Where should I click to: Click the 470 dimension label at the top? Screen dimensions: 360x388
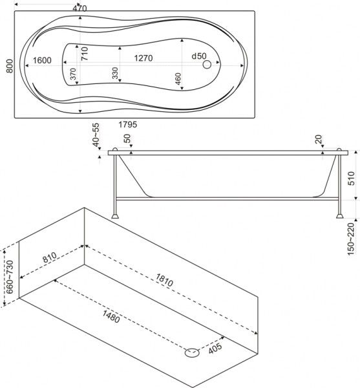point(79,8)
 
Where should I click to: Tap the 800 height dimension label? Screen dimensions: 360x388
point(10,66)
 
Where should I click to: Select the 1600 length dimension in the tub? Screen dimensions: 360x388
point(42,60)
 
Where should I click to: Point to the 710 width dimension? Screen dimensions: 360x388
point(85,54)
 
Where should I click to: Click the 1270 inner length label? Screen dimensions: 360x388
point(143,58)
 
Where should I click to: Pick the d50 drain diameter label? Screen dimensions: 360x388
point(199,56)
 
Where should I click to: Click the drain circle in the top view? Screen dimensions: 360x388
point(207,65)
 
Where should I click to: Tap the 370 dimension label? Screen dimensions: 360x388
point(73,74)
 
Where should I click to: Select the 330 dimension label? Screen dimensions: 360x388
point(115,73)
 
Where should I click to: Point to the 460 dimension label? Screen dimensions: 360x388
point(178,79)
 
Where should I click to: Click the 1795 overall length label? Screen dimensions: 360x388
point(127,124)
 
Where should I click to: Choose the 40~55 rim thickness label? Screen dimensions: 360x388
point(96,135)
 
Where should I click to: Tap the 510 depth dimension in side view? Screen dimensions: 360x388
point(351,178)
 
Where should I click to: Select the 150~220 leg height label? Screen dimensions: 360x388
point(351,239)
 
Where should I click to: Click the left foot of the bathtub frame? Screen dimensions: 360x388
point(115,216)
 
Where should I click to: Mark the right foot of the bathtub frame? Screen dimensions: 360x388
point(340,216)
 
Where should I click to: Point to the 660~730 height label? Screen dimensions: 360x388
point(10,277)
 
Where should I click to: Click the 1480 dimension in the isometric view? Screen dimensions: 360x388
point(111,317)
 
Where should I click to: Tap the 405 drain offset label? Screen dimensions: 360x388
point(215,349)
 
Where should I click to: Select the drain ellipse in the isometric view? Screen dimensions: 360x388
point(191,352)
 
